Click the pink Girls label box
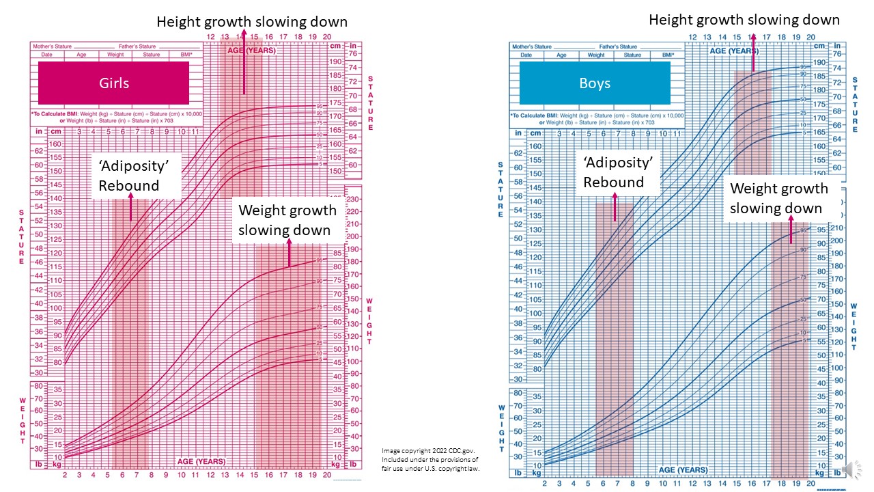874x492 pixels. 113,83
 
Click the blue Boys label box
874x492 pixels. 594,83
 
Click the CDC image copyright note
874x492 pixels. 430,459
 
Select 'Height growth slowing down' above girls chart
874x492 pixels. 252,22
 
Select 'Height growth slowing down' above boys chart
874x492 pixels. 744,20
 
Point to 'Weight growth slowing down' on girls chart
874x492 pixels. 287,220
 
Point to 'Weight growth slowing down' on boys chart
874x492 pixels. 778,198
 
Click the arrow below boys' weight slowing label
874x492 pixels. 791,231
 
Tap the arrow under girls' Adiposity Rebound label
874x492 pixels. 131,207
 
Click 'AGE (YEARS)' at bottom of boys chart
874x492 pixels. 682,470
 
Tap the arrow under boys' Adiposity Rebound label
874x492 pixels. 615,207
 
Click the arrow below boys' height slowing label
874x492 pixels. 754,51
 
